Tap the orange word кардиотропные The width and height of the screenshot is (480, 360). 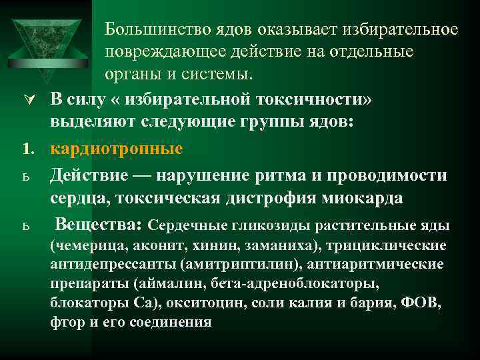117,149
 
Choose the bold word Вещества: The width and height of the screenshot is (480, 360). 99,223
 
